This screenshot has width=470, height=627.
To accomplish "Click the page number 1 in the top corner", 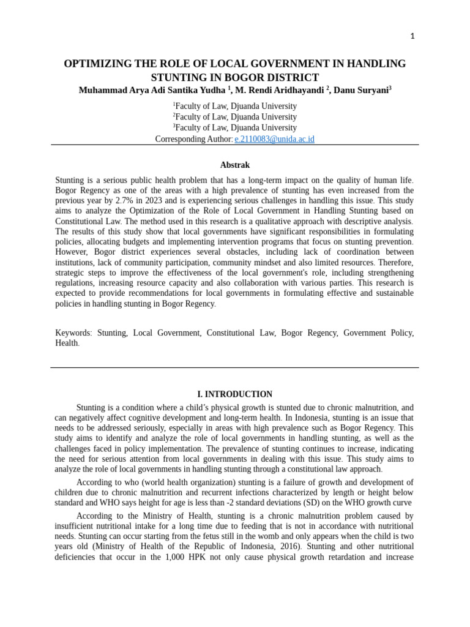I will point(412,36).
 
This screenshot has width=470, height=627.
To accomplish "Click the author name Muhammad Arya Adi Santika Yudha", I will point(152,90).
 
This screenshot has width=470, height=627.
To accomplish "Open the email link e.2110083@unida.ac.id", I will point(274,139).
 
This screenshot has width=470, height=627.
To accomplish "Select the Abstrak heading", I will point(234,165).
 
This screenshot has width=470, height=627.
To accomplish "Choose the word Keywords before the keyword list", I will point(73,332).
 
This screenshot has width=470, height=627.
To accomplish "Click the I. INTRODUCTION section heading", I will point(234,394).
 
